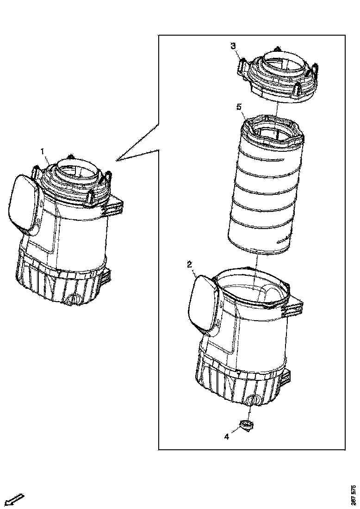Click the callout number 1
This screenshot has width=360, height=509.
click(x=43, y=151)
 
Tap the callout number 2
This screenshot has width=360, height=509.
click(x=189, y=264)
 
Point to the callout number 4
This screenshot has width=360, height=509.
click(x=227, y=436)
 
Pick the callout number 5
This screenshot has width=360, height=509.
click(x=239, y=107)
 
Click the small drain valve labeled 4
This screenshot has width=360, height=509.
click(x=246, y=424)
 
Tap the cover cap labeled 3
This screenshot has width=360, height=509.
click(x=278, y=76)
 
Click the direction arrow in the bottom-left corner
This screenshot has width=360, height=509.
click(x=13, y=499)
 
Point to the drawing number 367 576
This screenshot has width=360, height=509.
click(x=354, y=495)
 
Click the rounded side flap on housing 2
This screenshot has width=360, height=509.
click(x=202, y=303)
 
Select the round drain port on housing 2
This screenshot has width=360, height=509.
click(x=252, y=400)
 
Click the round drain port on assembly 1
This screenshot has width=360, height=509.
click(x=72, y=300)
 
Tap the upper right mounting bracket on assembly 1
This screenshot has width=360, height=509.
click(x=115, y=206)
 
